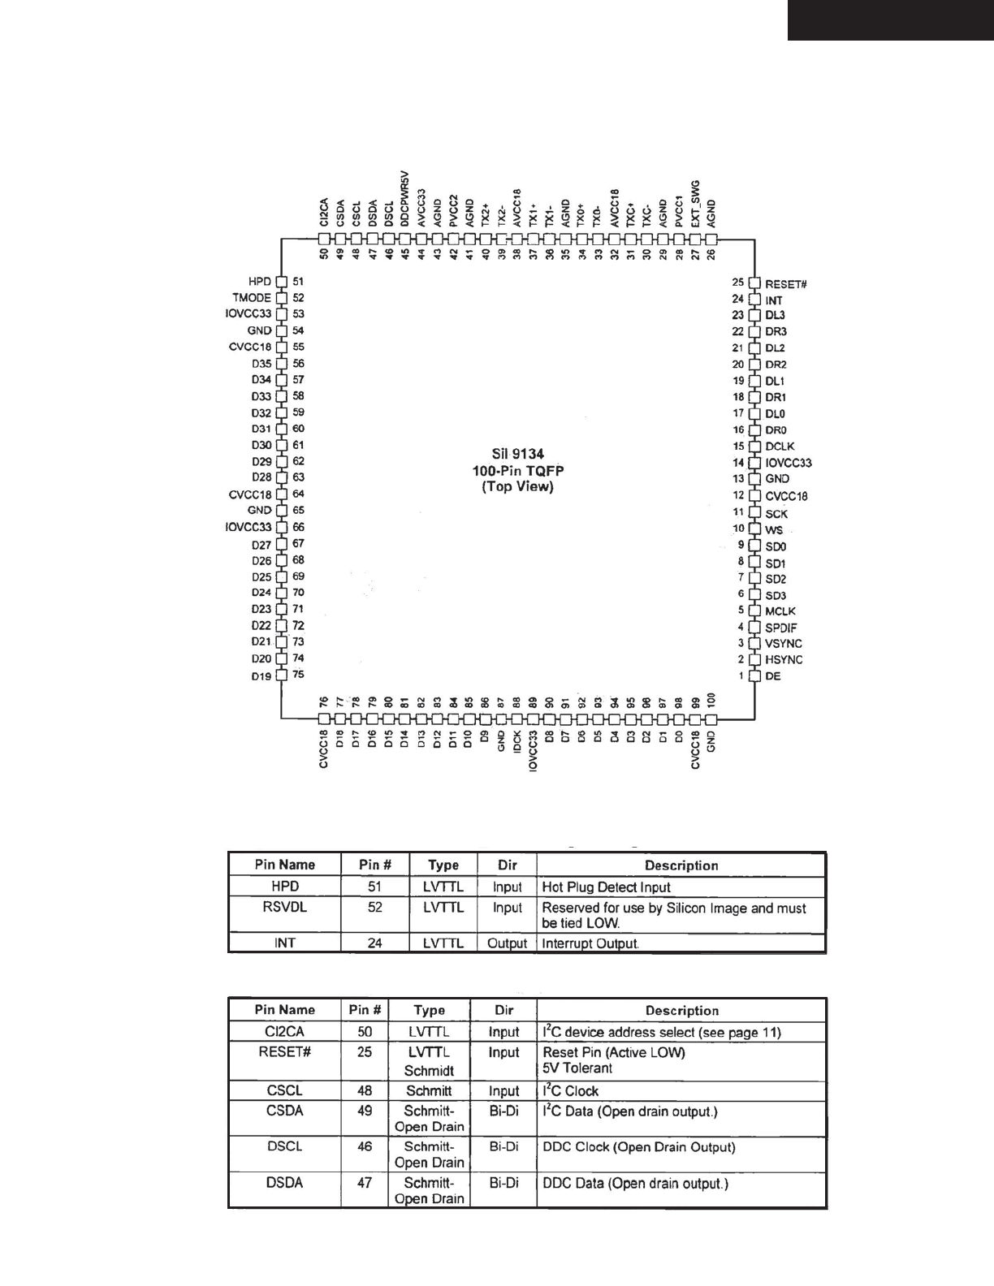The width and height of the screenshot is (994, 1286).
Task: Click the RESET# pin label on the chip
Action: point(785,284)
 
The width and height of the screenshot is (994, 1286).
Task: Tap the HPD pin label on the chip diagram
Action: point(260,282)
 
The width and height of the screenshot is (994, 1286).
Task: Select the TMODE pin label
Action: point(252,298)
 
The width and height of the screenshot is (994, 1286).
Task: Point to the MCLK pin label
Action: point(780,611)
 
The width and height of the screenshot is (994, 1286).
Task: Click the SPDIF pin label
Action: point(780,628)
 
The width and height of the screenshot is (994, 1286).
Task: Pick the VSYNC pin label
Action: point(784,644)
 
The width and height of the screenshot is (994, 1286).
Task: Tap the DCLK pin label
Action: point(780,447)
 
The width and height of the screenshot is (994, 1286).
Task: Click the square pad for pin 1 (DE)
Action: point(754,675)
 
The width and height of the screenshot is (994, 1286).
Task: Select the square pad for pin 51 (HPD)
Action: point(282,282)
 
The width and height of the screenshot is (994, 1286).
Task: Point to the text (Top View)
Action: point(517,487)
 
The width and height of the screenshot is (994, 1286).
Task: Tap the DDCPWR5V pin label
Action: point(405,198)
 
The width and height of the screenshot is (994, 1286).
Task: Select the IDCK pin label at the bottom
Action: point(517,741)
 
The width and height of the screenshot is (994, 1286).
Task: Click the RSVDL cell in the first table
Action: point(284,908)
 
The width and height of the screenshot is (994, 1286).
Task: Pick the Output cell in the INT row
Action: point(507,943)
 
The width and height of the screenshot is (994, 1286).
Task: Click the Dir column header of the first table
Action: point(507,865)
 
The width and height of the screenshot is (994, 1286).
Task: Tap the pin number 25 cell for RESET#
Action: point(365,1052)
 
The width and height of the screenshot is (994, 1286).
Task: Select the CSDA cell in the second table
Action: point(284,1111)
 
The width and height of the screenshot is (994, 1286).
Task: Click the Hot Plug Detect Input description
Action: point(606,887)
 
